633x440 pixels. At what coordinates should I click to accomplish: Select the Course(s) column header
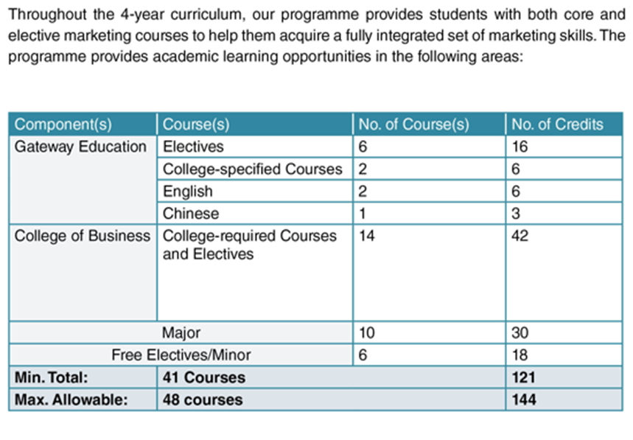[x=196, y=125]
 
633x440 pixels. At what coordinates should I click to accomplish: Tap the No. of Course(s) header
[x=413, y=125]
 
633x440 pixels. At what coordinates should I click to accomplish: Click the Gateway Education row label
[x=81, y=147]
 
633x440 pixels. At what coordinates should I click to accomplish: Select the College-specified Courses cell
[x=253, y=169]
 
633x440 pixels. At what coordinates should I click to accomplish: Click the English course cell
[x=188, y=191]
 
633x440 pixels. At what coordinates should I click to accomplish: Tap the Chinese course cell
[x=191, y=214]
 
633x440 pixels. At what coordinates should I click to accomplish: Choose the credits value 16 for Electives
[x=520, y=147]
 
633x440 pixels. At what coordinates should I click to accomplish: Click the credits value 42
[x=520, y=236]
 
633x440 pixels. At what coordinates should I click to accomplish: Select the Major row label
[x=181, y=333]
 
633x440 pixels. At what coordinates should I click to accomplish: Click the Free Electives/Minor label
[x=181, y=355]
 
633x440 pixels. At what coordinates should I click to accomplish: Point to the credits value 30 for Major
[x=520, y=333]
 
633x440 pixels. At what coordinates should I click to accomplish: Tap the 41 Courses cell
[x=204, y=378]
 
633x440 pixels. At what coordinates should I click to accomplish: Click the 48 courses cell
[x=203, y=400]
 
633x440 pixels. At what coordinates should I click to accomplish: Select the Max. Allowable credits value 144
[x=524, y=400]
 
